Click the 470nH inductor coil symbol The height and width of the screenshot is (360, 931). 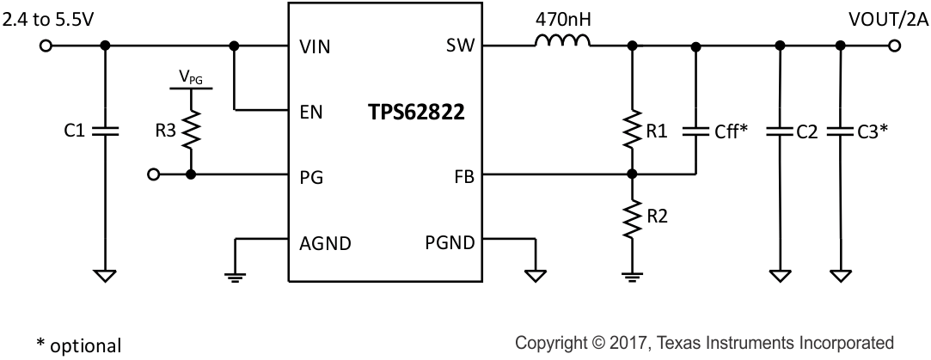(563, 42)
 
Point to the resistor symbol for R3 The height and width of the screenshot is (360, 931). (191, 131)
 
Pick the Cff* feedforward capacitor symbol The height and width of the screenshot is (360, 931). (695, 131)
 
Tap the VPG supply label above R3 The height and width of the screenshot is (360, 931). (191, 78)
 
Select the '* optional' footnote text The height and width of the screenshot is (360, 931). (78, 345)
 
